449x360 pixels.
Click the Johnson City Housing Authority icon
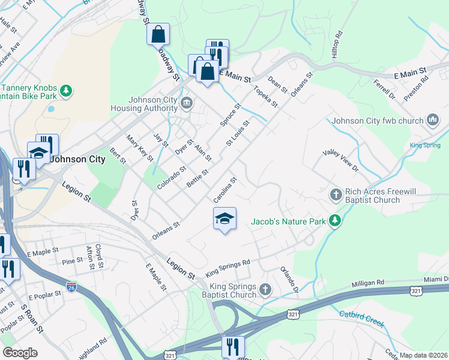(186, 104)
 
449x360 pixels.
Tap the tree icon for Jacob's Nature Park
(335, 221)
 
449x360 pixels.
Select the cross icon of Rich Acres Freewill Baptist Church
(336, 194)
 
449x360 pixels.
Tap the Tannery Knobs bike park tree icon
(66, 91)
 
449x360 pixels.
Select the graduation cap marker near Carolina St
(224, 219)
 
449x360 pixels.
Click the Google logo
(20, 353)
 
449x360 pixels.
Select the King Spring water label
(424, 145)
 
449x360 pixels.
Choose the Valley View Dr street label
(340, 160)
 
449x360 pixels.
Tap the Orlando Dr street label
(288, 279)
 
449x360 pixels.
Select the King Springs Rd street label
(228, 268)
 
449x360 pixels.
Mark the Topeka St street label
(266, 97)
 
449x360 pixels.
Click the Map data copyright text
(423, 355)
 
